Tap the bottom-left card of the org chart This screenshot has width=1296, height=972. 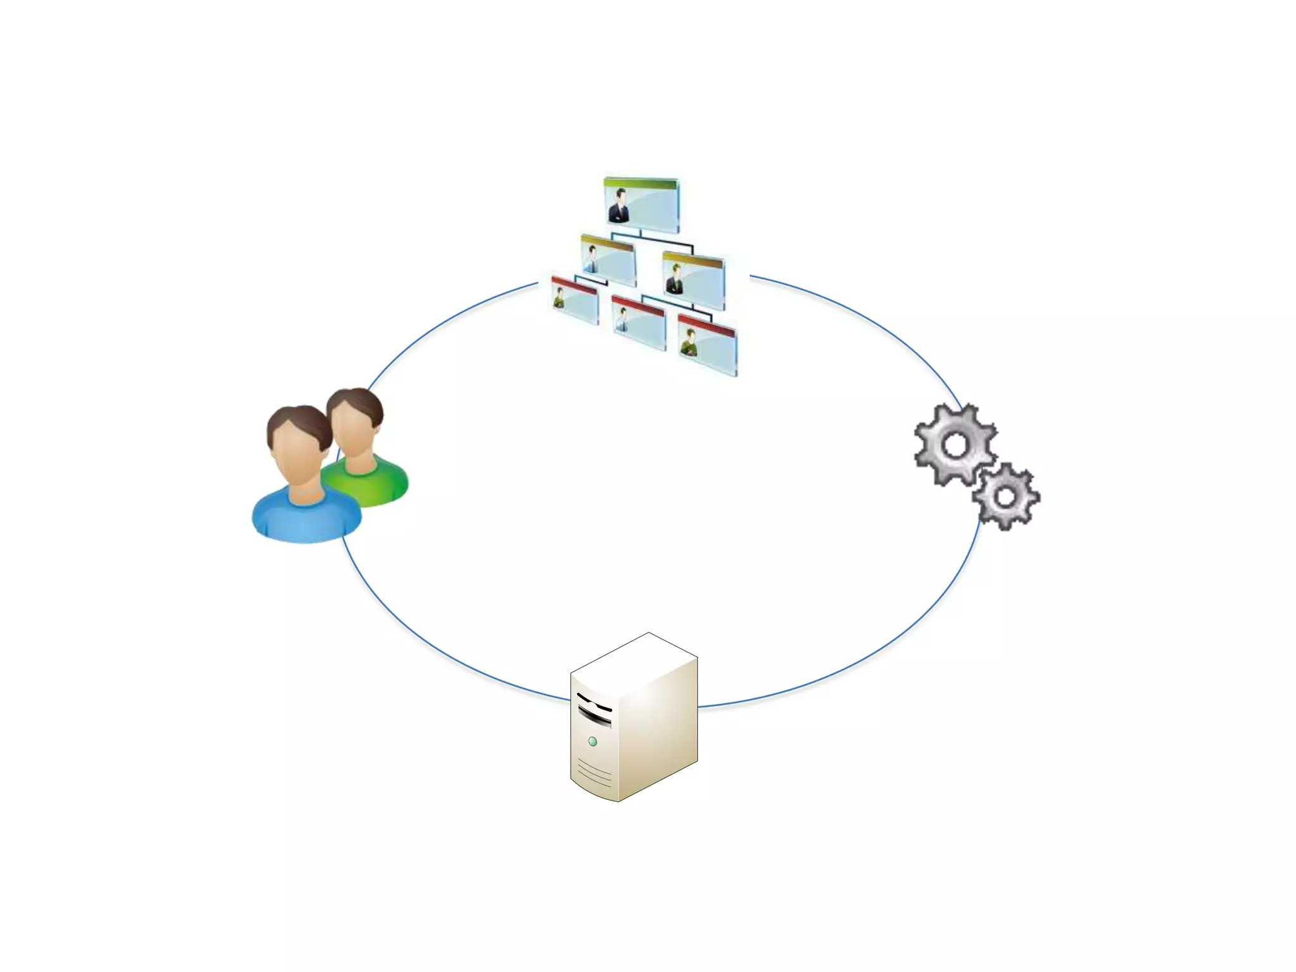pos(575,301)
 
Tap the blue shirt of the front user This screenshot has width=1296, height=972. pos(307,519)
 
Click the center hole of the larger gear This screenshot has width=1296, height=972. pos(955,445)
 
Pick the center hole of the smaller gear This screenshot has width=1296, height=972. pos(1005,497)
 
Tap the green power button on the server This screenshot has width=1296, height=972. pos(593,741)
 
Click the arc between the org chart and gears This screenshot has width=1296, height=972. pos(873,316)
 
